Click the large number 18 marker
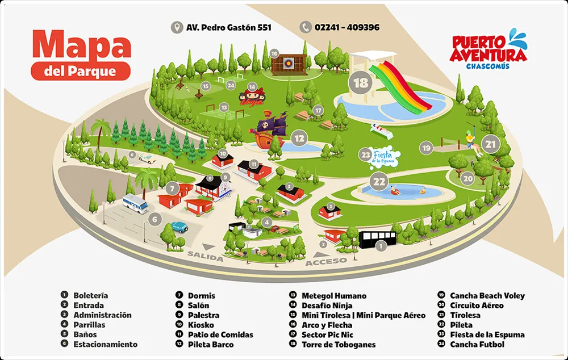(361, 82)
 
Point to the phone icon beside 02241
(306, 27)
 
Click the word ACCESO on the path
(326, 262)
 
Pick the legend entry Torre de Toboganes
(339, 345)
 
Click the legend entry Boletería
(90, 296)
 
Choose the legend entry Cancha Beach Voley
(487, 296)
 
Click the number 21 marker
(491, 144)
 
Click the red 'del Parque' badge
(81, 72)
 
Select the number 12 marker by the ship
(299, 138)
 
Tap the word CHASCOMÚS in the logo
(487, 66)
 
